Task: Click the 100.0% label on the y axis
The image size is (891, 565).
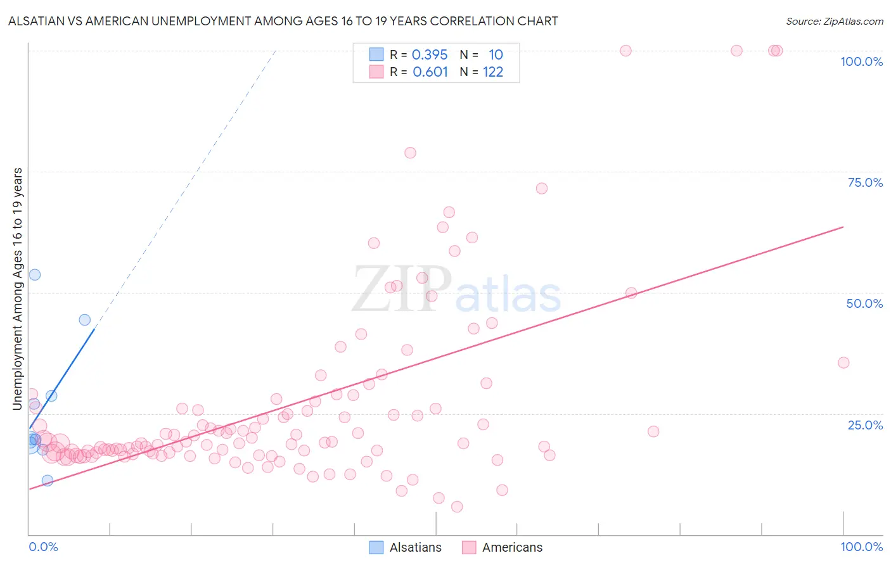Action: point(861,61)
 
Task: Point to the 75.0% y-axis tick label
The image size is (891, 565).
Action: point(865,182)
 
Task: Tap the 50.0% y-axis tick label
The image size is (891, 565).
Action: point(864,303)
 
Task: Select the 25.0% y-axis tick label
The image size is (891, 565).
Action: point(865,425)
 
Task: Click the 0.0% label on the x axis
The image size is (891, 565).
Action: point(43,547)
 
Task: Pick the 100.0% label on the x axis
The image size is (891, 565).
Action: point(861,547)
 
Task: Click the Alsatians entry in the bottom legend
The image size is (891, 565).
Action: point(415,547)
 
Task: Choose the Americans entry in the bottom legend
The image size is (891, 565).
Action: point(512,547)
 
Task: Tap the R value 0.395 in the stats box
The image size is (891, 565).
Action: point(430,55)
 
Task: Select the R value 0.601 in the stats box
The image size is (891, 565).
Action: point(430,72)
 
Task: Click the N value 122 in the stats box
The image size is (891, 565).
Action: point(493,72)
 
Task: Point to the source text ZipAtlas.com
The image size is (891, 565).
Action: point(834,22)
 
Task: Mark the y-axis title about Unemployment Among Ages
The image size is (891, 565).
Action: point(18,289)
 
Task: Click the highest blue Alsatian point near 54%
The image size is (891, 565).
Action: point(35,275)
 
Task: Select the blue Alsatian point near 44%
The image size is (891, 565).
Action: point(84,320)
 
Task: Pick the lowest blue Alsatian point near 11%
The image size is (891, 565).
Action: point(48,480)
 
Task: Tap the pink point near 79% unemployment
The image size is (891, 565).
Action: point(410,153)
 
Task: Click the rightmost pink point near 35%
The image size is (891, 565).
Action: point(843,363)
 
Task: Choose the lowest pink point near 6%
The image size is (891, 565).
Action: point(457,507)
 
